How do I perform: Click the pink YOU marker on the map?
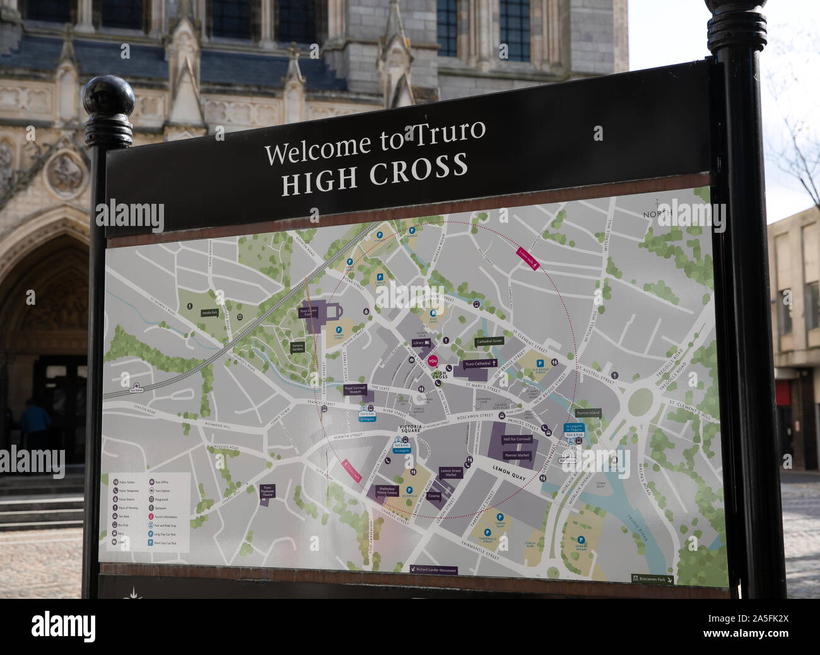point(432,362)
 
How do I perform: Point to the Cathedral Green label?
point(489,341)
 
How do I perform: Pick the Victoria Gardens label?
point(298,346)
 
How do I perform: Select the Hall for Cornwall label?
point(517,439)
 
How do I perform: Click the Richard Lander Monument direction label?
point(433,570)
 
